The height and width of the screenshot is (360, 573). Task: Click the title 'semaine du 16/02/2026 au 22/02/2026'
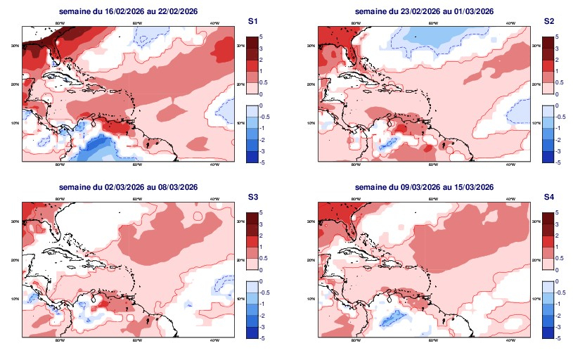point(128,11)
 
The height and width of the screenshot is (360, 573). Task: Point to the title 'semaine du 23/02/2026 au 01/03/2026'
point(424,11)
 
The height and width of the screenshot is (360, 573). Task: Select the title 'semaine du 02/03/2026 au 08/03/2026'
point(128,187)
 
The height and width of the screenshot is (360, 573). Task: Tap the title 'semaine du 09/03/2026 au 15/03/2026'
point(424,187)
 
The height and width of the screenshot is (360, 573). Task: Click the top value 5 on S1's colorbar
point(261,35)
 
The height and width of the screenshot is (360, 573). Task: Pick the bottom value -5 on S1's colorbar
point(262,162)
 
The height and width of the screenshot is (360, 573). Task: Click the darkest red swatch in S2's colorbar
point(548,42)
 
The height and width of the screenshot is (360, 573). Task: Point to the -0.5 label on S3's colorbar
point(263,292)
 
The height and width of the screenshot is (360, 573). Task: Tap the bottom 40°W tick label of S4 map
point(510,341)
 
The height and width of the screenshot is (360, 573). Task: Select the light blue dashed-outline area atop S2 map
point(429,32)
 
